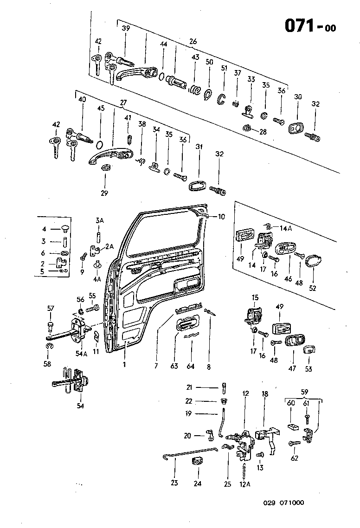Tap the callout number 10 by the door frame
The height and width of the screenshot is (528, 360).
[221, 217]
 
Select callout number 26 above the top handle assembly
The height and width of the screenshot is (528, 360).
[193, 41]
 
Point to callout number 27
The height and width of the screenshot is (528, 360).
[123, 103]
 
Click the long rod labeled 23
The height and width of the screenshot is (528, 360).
[190, 452]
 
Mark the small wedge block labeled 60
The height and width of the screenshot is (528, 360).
[292, 426]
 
